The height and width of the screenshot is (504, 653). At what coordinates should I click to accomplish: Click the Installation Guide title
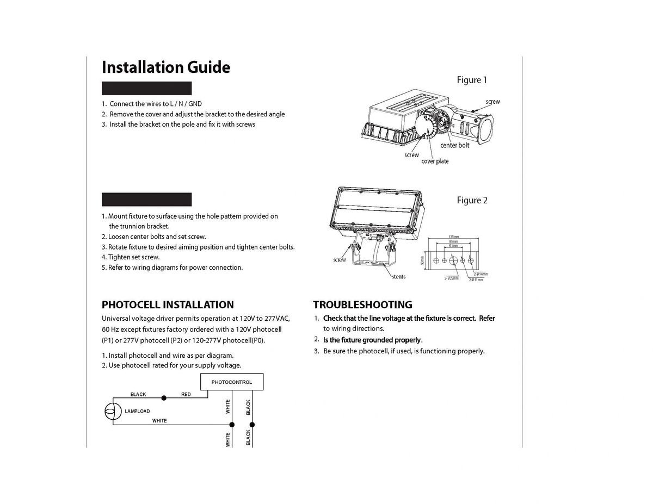click(166, 67)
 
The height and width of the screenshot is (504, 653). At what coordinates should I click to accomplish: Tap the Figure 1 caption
click(472, 80)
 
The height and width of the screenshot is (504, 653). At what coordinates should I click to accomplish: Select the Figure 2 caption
click(472, 200)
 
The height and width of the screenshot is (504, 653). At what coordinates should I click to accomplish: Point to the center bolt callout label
click(454, 145)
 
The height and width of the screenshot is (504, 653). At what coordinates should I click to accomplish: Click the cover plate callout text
click(435, 161)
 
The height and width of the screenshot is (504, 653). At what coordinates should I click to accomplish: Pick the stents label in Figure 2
click(398, 277)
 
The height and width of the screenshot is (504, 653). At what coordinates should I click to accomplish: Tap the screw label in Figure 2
click(339, 260)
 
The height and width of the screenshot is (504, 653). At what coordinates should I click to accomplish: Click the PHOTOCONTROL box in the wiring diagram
click(231, 382)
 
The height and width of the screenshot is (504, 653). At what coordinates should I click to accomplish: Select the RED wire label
click(186, 394)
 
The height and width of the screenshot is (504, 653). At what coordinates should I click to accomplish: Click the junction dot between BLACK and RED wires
click(164, 399)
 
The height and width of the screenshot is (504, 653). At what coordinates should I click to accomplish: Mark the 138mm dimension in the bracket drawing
click(453, 237)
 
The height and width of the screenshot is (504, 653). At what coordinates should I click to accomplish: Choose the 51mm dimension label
click(453, 246)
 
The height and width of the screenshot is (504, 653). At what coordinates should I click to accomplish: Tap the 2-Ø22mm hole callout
click(452, 278)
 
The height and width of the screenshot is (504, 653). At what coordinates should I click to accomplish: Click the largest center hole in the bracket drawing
click(453, 260)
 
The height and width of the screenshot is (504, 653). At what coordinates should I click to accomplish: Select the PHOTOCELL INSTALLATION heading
click(168, 304)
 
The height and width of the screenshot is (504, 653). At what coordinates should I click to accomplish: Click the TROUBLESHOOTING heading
click(362, 304)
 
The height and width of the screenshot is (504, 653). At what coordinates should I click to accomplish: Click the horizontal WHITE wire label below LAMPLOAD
click(159, 421)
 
